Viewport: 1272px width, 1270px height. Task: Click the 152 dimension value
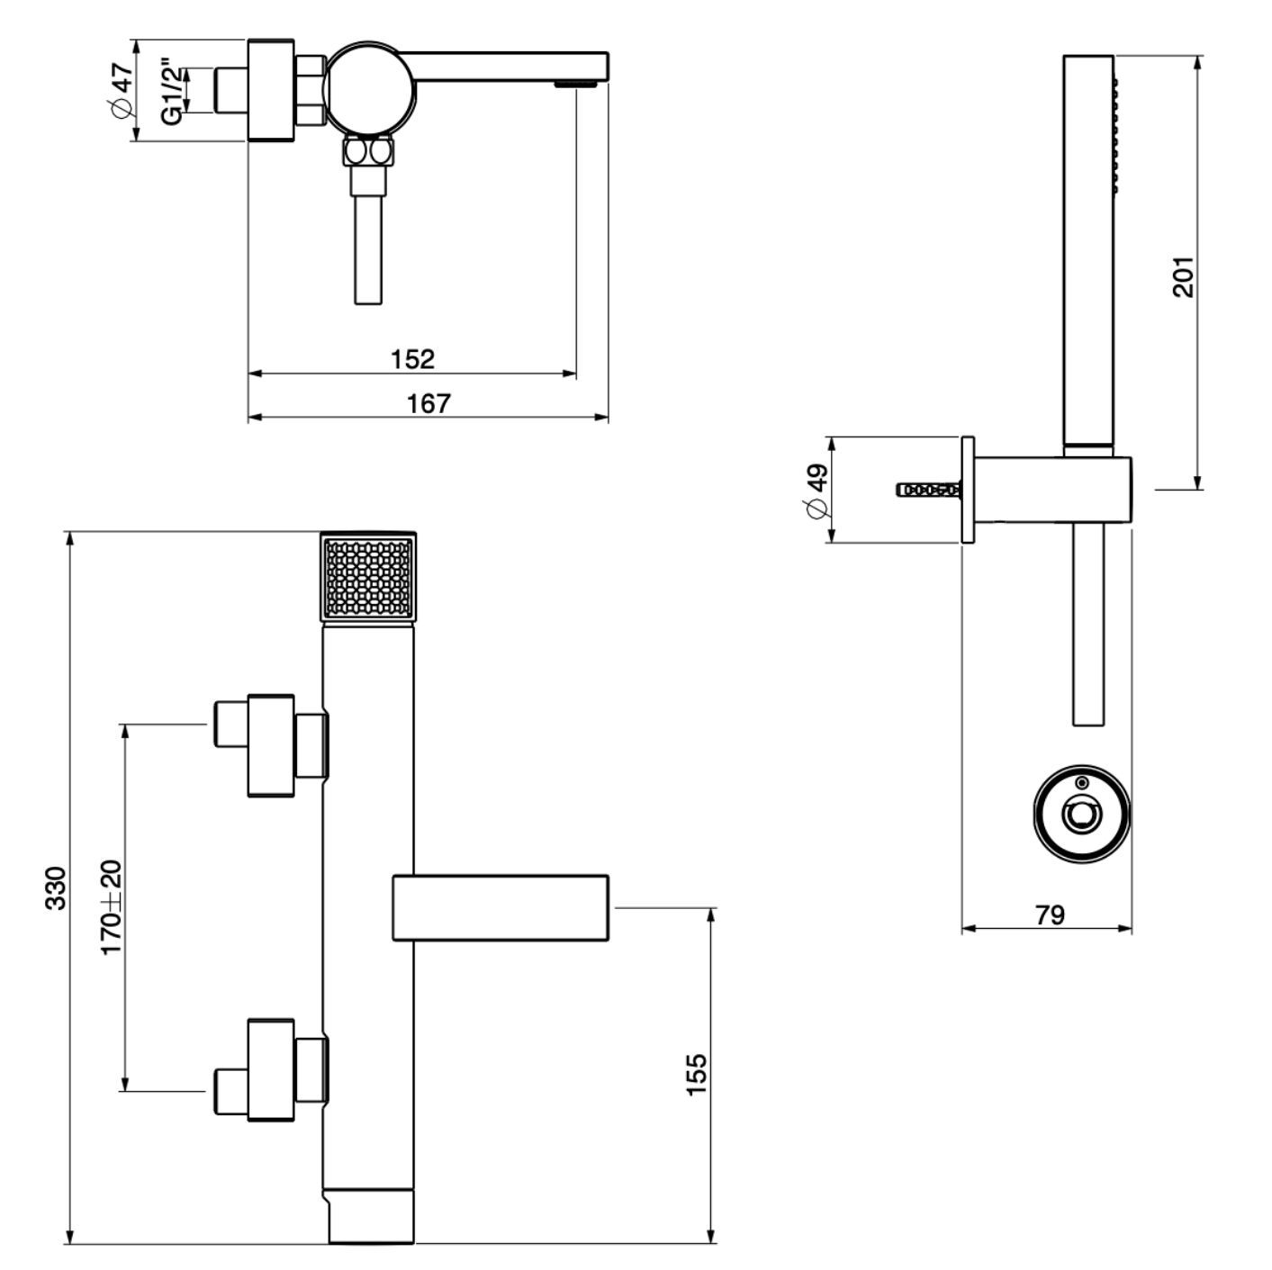tap(412, 359)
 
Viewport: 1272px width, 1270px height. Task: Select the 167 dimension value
tap(429, 403)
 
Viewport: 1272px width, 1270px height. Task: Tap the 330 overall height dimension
tap(56, 887)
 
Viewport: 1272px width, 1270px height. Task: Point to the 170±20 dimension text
tap(111, 907)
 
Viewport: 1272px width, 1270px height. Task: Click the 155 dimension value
tap(698, 1074)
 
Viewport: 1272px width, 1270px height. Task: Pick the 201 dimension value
tap(1183, 276)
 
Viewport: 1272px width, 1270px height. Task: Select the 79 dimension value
tap(1050, 914)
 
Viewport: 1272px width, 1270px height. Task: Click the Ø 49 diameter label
tap(816, 492)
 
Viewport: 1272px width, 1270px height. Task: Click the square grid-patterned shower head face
tap(369, 577)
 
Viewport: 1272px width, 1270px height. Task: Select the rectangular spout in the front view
tap(501, 907)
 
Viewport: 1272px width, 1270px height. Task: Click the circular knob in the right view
tap(1079, 815)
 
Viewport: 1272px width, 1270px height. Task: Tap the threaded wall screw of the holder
tap(929, 491)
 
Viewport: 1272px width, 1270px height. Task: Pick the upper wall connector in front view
tap(271, 744)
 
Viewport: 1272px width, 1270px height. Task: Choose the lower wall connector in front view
tap(271, 1069)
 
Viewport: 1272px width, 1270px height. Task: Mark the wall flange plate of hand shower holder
tap(968, 491)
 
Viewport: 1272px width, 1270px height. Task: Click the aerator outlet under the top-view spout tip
tap(577, 85)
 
